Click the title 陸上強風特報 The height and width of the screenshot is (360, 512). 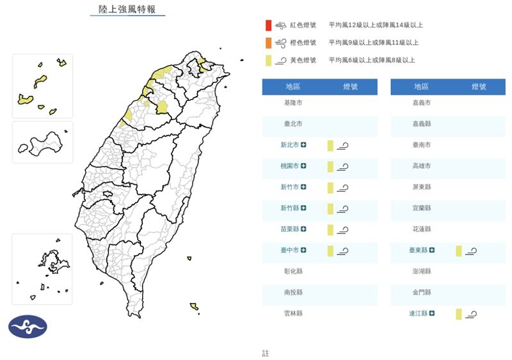(127, 9)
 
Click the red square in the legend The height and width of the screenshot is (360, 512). (268, 26)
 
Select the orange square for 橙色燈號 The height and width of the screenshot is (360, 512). (268, 43)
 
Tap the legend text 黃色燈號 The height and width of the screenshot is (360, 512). (303, 60)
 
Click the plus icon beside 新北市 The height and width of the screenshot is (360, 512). (304, 145)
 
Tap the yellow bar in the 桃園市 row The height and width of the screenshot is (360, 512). (330, 166)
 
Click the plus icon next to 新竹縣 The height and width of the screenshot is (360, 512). (304, 208)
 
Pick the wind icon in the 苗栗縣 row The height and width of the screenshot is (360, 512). (343, 230)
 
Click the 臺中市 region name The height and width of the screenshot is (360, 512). (290, 250)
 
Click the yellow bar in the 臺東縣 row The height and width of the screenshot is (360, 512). (459, 250)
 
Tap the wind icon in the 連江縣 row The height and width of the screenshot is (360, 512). (472, 313)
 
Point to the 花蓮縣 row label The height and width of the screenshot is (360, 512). (421, 229)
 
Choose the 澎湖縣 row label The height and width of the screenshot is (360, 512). (421, 271)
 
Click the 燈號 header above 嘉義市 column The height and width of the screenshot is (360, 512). (478, 87)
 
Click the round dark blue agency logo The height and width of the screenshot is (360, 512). (28, 326)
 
